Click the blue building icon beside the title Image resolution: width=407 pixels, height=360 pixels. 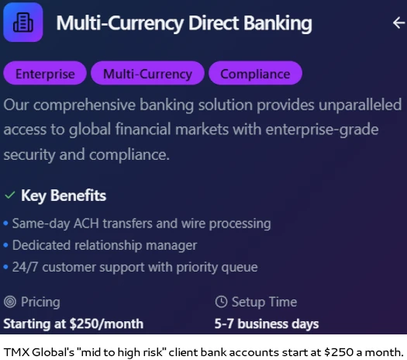tap(23, 22)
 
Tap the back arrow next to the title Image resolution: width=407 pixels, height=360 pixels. tap(399, 22)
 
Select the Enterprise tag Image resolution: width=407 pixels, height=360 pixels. tap(45, 73)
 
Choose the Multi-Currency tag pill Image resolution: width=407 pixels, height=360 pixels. tap(147, 73)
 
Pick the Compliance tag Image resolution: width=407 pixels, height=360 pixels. tap(255, 73)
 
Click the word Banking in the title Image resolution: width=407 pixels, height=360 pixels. tap(278, 23)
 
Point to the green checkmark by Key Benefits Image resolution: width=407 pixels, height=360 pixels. tap(10, 195)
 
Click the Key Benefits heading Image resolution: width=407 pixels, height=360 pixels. tap(64, 196)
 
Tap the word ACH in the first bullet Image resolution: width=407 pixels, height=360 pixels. tap(86, 223)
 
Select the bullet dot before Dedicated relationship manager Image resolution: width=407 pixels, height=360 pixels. tap(5, 245)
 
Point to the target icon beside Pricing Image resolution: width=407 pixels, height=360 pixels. tap(10, 302)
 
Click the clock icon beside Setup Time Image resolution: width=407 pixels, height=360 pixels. tap(221, 302)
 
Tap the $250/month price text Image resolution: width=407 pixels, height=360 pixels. tap(106, 324)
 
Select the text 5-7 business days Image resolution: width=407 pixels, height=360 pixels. tap(267, 324)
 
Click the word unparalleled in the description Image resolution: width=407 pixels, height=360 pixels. tap(360, 105)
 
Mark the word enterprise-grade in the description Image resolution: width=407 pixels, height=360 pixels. tap(322, 130)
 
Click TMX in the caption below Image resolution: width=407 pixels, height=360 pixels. tap(16, 352)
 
